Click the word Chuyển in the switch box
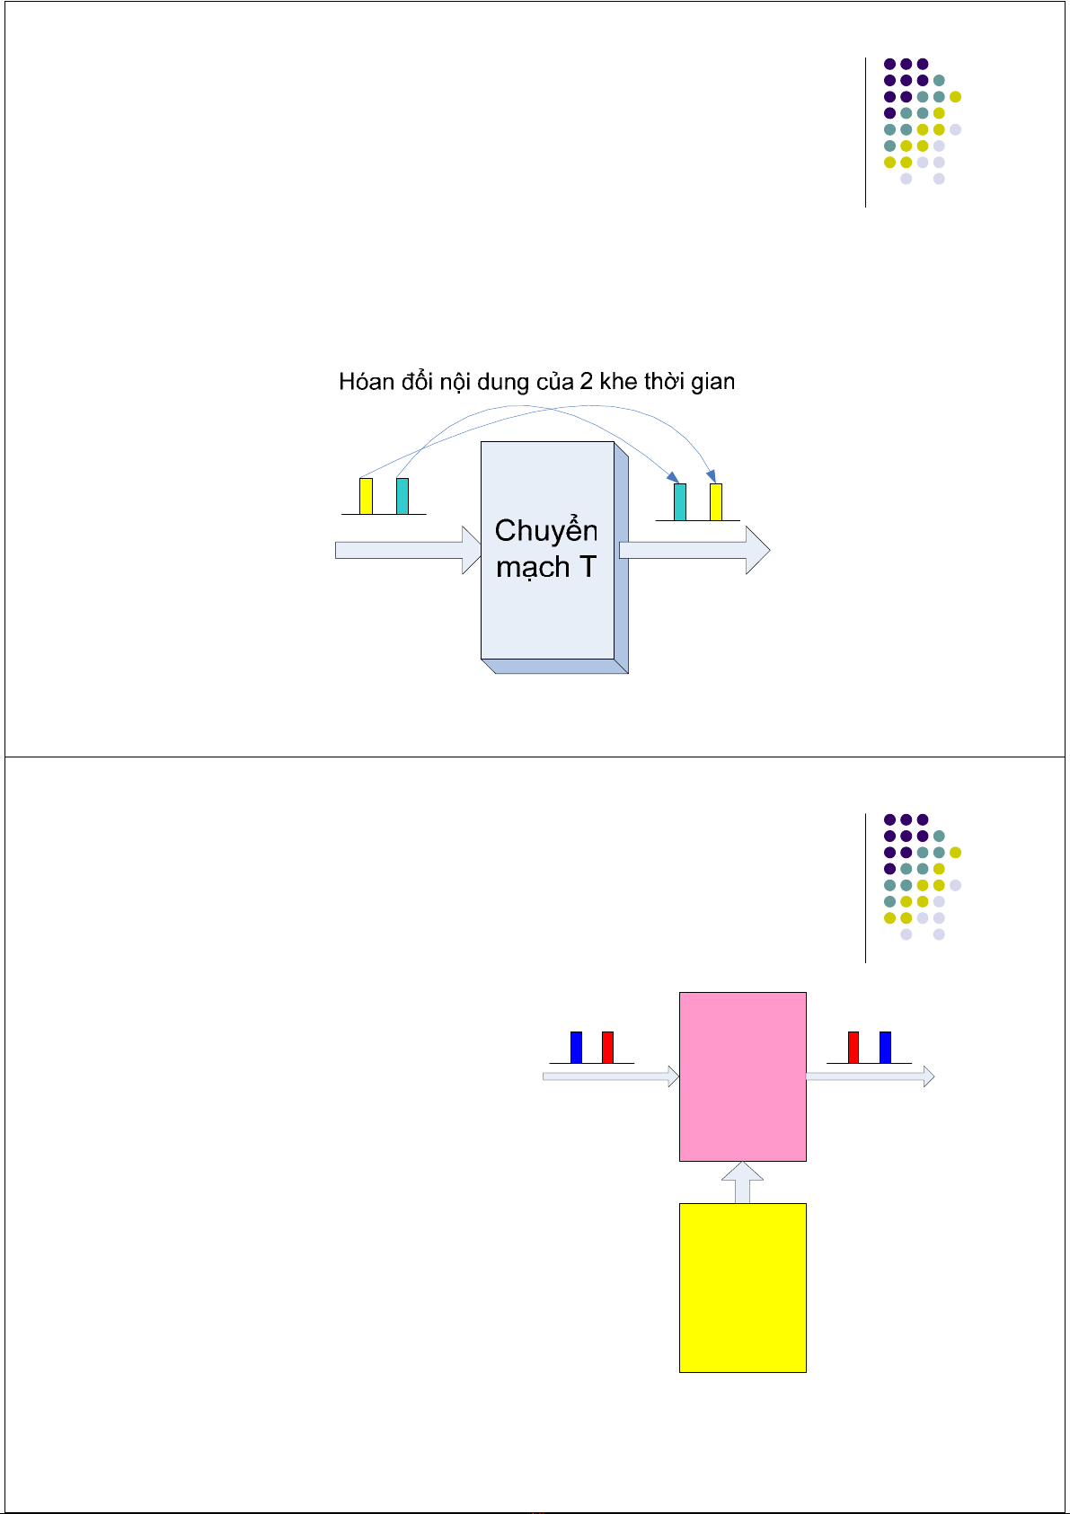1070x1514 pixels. (x=546, y=531)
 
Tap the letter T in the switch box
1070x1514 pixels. (x=588, y=566)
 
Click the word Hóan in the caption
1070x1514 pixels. (x=367, y=381)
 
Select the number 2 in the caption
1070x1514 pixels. (x=586, y=381)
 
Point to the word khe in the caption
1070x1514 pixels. (x=618, y=381)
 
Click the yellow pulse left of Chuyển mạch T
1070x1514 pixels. (x=366, y=496)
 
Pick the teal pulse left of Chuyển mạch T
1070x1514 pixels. (x=402, y=496)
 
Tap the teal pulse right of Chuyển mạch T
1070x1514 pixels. (x=680, y=502)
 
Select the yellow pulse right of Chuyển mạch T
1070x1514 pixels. (x=716, y=502)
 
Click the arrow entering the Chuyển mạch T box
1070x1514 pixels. (x=408, y=550)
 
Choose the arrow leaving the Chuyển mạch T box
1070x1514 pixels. (x=694, y=550)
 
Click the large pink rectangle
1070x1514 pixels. (x=742, y=1076)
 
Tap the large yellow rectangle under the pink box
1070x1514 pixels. (x=742, y=1288)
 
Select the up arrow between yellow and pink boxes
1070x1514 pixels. (x=742, y=1182)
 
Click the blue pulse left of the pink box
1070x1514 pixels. (x=576, y=1047)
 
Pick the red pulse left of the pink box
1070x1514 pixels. (x=607, y=1047)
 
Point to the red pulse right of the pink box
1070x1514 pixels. (x=853, y=1047)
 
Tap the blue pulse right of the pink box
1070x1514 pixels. (x=885, y=1047)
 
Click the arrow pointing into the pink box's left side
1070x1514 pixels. (x=611, y=1076)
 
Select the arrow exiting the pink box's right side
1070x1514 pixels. (x=870, y=1076)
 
